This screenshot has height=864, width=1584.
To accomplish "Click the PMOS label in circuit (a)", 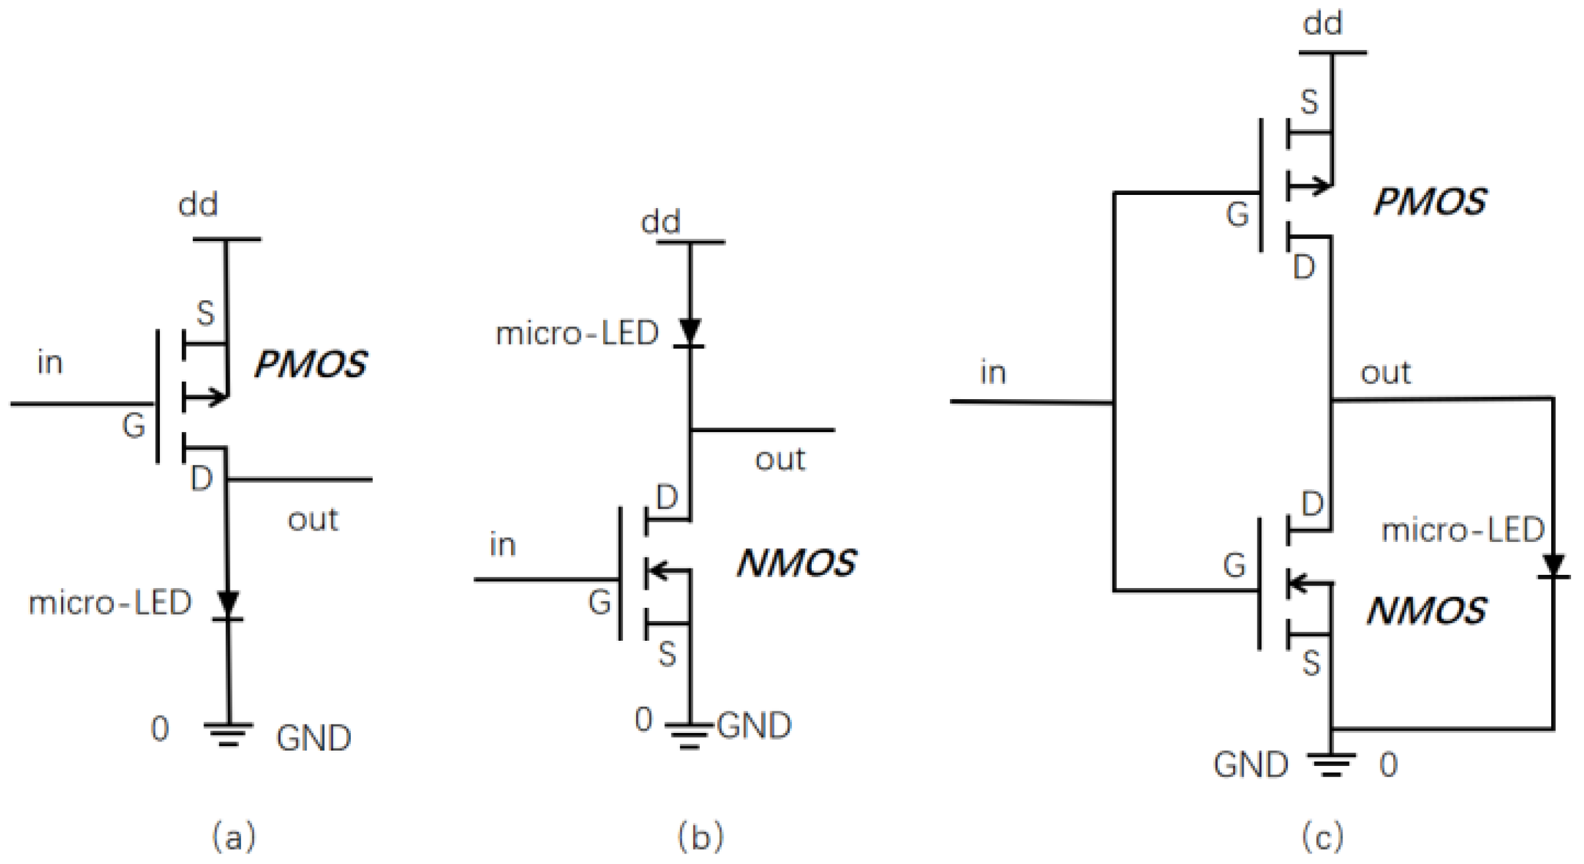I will [310, 365].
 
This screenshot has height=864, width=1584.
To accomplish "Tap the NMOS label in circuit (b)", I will [796, 564].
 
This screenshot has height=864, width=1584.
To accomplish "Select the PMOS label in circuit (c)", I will [1430, 202].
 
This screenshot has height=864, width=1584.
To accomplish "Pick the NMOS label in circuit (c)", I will [1426, 611].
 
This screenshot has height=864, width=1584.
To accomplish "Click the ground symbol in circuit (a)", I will [228, 734].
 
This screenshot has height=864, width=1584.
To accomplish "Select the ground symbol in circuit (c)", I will [1331, 764].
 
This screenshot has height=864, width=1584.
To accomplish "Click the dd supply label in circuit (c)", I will [1322, 24].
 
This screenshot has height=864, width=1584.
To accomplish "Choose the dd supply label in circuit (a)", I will [198, 205].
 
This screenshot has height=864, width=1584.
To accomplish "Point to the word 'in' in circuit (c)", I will [993, 373].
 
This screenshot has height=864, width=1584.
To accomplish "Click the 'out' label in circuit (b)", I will [779, 460].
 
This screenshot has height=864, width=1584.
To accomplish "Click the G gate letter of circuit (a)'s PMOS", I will [134, 426].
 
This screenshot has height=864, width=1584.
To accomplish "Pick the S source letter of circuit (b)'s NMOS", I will [668, 655].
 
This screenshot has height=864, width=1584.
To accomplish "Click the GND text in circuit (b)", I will [754, 726].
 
